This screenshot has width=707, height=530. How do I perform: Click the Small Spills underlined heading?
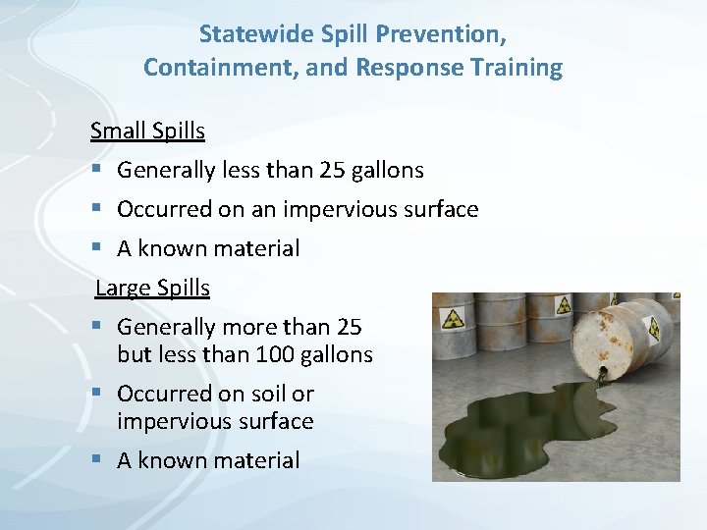[x=147, y=131]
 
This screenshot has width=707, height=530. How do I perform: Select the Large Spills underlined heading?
[x=152, y=288]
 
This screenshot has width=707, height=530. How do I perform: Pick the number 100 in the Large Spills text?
[x=274, y=354]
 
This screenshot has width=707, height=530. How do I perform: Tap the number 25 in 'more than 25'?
[x=349, y=327]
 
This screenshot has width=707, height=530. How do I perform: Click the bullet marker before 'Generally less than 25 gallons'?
[x=96, y=171]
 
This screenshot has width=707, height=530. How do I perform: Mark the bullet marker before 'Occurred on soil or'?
[x=96, y=395]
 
